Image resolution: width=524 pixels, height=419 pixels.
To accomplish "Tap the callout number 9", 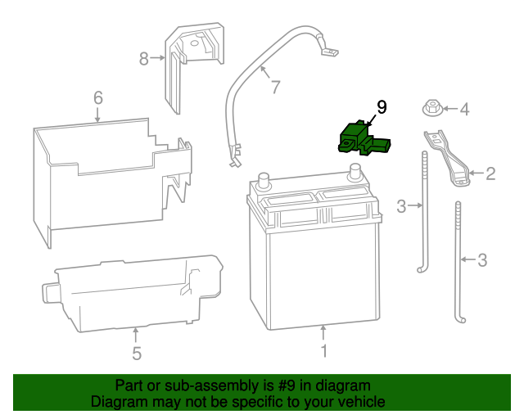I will tap(381, 107).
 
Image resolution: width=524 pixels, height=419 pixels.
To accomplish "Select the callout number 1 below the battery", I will tap(323, 351).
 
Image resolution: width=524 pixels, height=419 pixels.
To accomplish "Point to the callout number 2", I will tap(490, 173).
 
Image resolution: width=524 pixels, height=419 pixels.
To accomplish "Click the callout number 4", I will tap(463, 109).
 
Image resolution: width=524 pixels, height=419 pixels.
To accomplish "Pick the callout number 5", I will tap(137, 354).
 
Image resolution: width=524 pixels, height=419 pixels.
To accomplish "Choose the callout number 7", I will tap(275, 86).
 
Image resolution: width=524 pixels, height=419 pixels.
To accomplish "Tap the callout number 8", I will tap(144, 58).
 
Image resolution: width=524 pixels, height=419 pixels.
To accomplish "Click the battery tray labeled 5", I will tap(135, 295).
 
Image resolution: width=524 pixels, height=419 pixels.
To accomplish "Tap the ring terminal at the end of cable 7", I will tap(329, 53).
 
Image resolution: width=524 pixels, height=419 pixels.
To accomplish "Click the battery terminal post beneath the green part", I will tap(355, 173).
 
